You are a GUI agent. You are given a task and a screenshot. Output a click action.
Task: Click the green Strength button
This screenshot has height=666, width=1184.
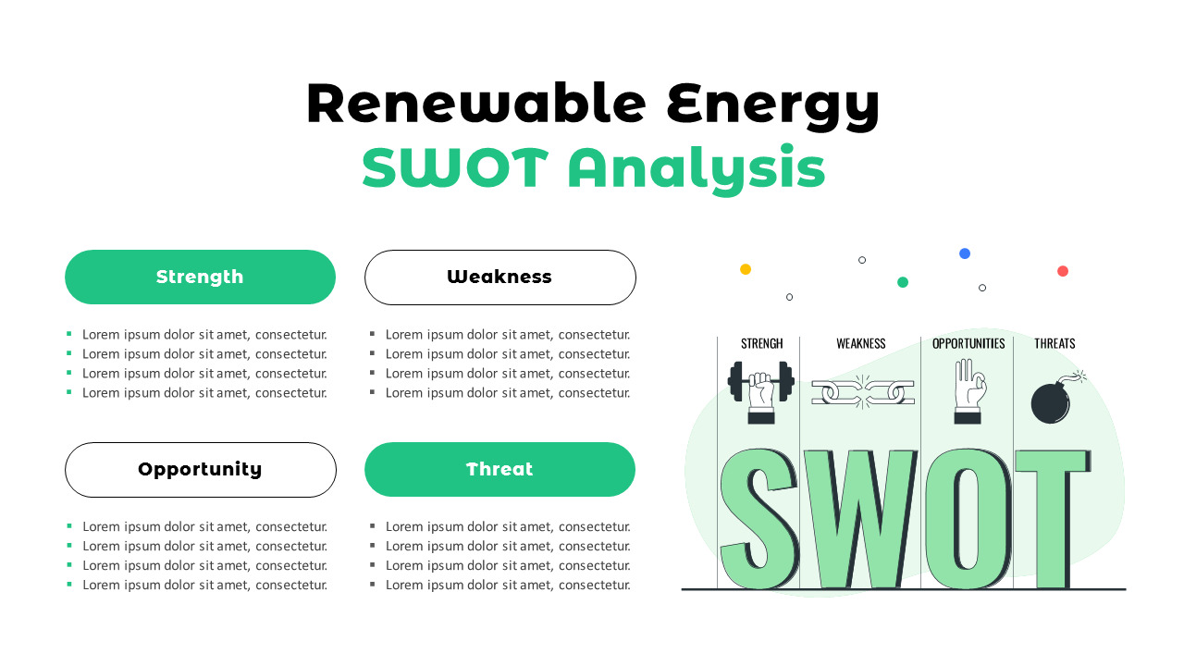[x=200, y=277]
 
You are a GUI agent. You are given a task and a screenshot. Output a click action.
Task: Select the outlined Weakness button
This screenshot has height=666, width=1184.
[x=499, y=277]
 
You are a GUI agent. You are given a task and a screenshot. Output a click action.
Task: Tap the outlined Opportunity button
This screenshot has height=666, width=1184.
[x=200, y=469]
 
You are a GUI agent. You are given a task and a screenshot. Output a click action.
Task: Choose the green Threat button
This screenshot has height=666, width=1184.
[x=499, y=469]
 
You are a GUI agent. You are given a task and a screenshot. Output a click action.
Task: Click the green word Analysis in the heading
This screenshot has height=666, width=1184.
[x=696, y=169]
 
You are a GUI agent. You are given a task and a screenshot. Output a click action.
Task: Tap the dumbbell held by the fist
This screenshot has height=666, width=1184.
[x=760, y=380]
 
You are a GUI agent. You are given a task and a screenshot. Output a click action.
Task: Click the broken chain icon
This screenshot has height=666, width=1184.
[x=862, y=391]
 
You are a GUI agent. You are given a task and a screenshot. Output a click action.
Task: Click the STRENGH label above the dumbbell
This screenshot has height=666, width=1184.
[x=761, y=343]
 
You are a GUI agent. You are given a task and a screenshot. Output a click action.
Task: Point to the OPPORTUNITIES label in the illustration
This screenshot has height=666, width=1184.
[x=968, y=343]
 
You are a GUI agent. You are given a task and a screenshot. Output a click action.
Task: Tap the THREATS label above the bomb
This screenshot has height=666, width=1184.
[x=1054, y=343]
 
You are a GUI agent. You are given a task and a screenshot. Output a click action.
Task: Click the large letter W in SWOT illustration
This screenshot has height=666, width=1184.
[x=860, y=518]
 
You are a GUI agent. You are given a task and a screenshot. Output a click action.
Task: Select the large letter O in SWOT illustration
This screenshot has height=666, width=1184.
[x=967, y=518]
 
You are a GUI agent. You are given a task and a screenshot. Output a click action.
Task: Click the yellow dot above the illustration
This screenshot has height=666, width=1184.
[x=746, y=269]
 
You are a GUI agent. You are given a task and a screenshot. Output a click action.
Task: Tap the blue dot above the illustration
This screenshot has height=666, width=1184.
[x=965, y=253]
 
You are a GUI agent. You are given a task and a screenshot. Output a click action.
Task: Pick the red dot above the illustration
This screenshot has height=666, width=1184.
[x=1063, y=271]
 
